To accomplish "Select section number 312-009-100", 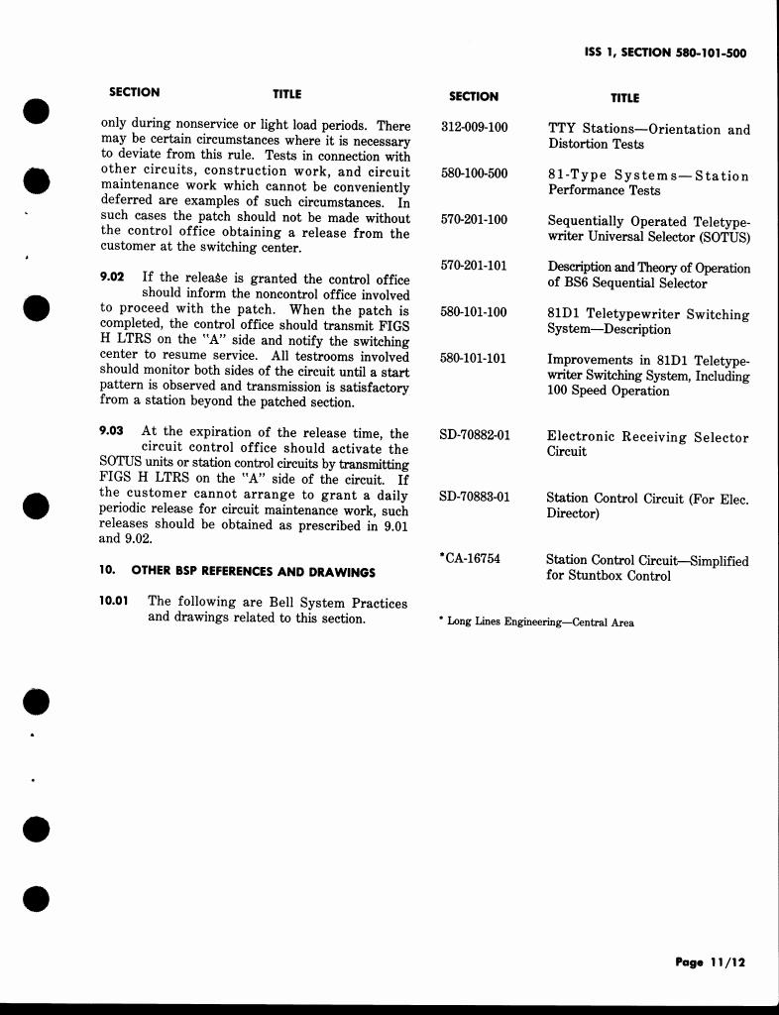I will (x=474, y=129).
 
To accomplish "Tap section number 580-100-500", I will (x=474, y=174).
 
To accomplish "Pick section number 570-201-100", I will (x=474, y=220).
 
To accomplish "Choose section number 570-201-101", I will (x=474, y=266).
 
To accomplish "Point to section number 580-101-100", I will (x=474, y=312).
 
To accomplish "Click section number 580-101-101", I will (x=474, y=358).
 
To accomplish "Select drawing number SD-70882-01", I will (x=475, y=435).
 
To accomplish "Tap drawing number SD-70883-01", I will (x=475, y=497).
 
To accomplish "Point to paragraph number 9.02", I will (x=113, y=278).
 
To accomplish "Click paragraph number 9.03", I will (x=113, y=431).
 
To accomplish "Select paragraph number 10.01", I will (x=115, y=601).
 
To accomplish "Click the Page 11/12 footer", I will (x=710, y=961).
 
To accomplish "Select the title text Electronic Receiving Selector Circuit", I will (x=646, y=444).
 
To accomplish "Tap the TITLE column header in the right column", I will (x=624, y=98).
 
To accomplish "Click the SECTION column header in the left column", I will (x=134, y=92).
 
